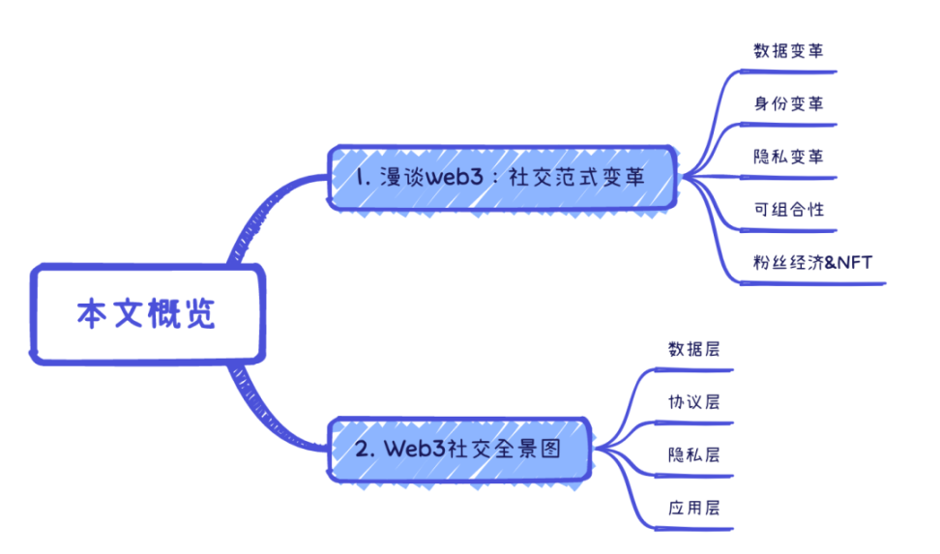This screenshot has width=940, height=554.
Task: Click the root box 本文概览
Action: click(x=146, y=315)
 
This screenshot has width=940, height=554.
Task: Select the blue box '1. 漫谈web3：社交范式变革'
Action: click(x=501, y=179)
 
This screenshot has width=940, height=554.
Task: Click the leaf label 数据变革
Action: click(x=788, y=51)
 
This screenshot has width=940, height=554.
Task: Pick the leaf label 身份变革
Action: click(x=788, y=103)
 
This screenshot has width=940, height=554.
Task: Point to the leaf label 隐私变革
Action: click(x=788, y=156)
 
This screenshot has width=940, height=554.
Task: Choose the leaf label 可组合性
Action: click(x=788, y=208)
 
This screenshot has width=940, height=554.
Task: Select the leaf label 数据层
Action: click(x=693, y=349)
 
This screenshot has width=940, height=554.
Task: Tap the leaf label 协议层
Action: click(x=693, y=401)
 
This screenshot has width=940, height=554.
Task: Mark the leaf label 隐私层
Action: click(x=693, y=454)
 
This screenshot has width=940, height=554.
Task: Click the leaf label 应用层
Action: click(x=693, y=507)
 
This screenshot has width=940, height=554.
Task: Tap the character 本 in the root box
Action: click(x=92, y=315)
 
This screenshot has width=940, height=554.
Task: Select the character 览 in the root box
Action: click(x=200, y=315)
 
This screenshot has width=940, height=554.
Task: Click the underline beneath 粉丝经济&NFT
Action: click(x=812, y=283)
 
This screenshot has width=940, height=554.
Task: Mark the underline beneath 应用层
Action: click(x=691, y=528)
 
